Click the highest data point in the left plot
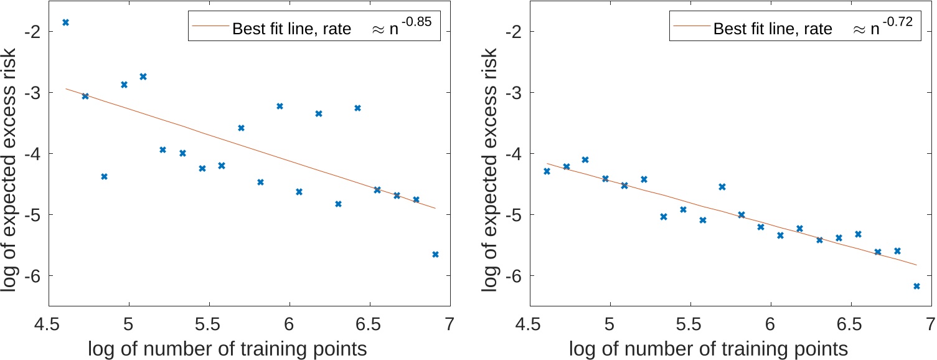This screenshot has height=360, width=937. point(65,22)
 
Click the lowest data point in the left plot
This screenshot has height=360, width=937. point(435,254)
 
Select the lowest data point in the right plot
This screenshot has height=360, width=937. point(916,286)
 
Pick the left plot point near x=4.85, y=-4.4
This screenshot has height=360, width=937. point(104,176)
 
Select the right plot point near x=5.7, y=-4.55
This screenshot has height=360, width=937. point(722,187)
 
